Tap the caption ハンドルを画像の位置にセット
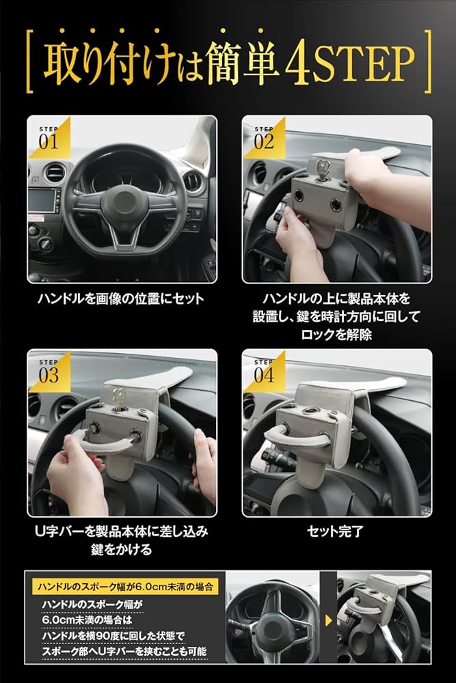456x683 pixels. [121, 298]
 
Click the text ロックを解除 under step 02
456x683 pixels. [337, 335]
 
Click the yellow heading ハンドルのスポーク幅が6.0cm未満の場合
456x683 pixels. [125, 586]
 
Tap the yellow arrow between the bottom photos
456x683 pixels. [329, 622]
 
